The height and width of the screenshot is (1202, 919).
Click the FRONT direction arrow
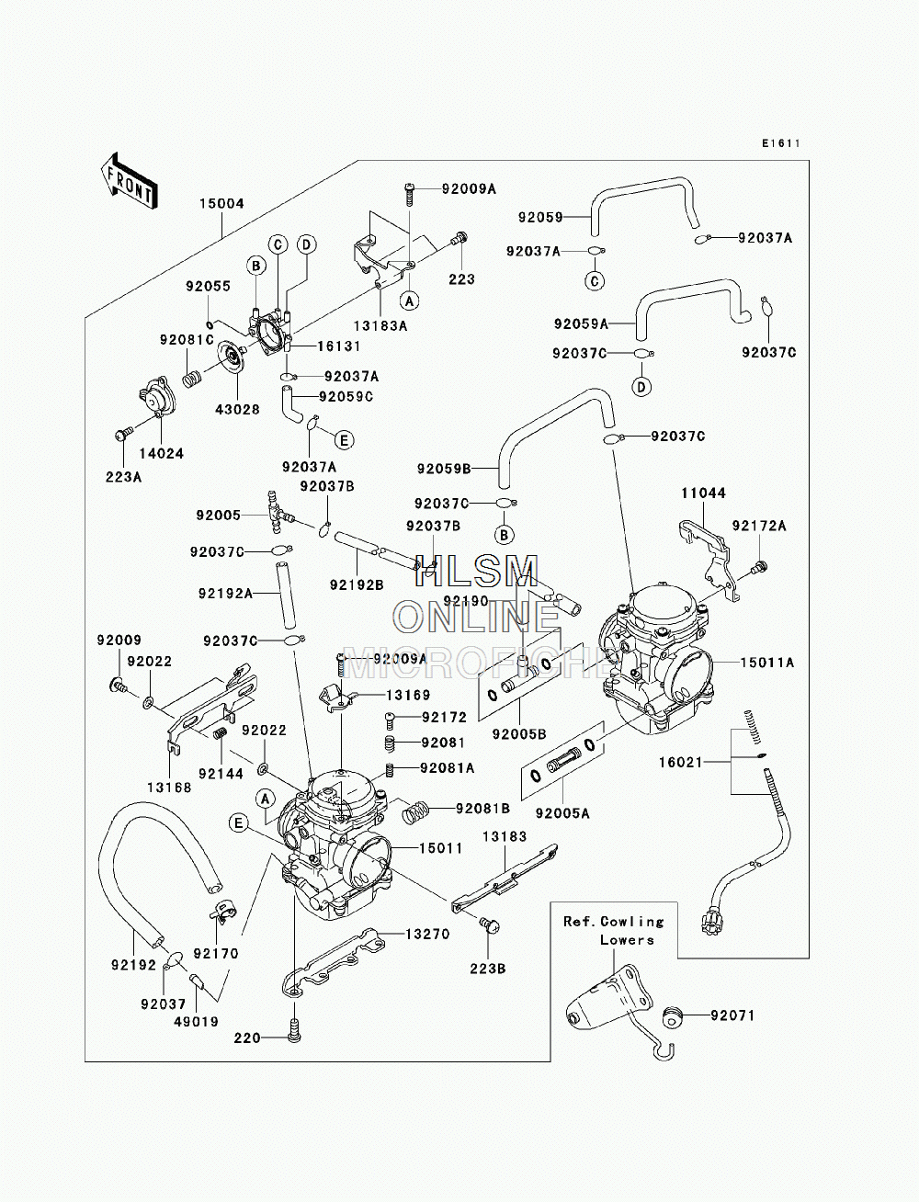pos(130,181)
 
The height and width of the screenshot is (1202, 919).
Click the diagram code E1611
pos(781,143)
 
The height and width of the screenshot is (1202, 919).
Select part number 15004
pos(221,204)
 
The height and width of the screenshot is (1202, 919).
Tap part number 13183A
pos(380,326)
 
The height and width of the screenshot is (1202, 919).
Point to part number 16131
pos(339,346)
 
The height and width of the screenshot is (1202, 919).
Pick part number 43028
pos(238,410)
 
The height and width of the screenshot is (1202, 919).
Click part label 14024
pos(161,453)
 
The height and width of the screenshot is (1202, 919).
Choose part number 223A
pos(124,477)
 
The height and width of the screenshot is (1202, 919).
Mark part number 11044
pos(704,493)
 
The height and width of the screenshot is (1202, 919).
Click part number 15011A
pos(767,663)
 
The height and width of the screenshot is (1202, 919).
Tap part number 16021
pos(680,762)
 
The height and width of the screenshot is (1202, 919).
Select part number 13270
pos(427,935)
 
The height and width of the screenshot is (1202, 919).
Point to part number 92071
pos(732,1015)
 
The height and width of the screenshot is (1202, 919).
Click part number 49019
pos(196,1021)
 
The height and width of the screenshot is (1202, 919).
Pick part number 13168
pos(169,788)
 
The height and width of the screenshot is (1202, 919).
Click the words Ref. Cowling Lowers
pos(614,930)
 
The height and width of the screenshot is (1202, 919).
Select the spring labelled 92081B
pos(415,811)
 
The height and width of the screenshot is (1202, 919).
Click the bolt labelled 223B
pos(490,924)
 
